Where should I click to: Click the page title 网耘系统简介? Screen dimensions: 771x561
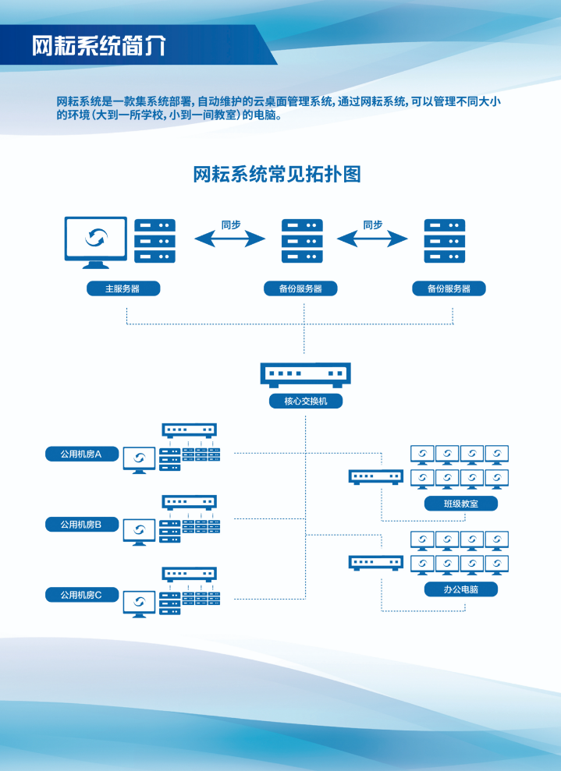pos(98,45)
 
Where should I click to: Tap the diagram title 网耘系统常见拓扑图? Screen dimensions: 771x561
pos(277,174)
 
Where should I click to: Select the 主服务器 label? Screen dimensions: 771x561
pos(123,288)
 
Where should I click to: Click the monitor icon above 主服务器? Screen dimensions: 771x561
pos(95,242)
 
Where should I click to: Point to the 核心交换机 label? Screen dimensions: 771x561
pos(304,402)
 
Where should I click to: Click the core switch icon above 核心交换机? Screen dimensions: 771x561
pos(304,374)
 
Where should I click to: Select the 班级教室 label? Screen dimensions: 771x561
pos(460,504)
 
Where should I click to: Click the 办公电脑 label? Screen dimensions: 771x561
pos(460,589)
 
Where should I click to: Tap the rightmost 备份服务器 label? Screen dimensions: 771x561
pos(449,288)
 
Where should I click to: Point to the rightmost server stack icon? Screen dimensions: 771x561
pos(444,240)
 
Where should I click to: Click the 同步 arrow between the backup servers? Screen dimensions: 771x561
pos(373,238)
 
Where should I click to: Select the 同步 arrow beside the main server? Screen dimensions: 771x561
pos(230,238)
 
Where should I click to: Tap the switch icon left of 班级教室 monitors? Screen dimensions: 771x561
pos(375,476)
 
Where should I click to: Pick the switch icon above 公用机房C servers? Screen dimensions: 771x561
pos(189,574)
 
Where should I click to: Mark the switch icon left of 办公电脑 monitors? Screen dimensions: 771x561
pos(375,561)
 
